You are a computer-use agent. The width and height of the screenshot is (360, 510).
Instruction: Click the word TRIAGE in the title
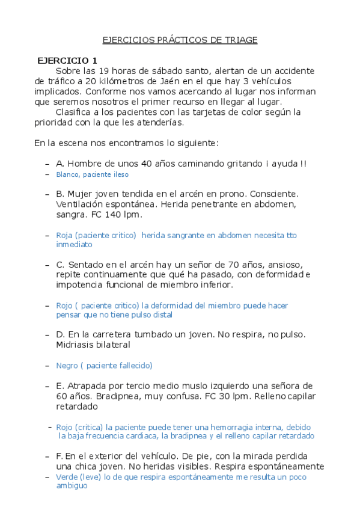click(x=242, y=40)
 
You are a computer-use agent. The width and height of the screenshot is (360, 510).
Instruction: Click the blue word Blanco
click(x=67, y=174)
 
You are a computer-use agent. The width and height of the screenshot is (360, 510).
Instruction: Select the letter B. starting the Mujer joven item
click(x=60, y=194)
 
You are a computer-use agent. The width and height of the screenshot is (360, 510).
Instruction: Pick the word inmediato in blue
click(x=75, y=245)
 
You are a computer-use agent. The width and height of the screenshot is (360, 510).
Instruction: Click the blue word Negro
click(x=67, y=365)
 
